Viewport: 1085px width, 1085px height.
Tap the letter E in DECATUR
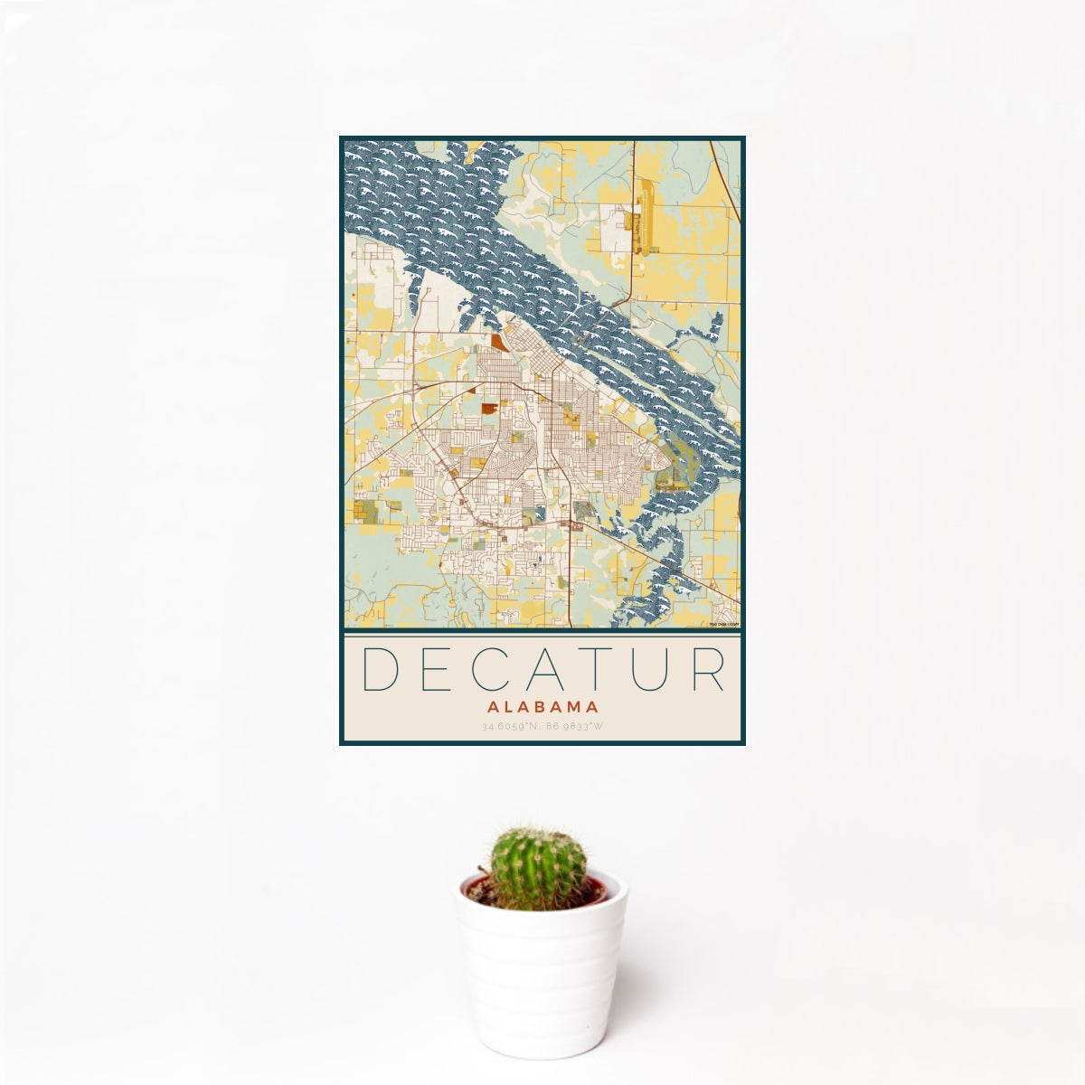433,670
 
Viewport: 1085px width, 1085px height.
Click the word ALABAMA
542,708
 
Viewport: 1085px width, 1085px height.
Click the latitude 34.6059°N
510,726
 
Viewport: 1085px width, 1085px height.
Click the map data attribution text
724,625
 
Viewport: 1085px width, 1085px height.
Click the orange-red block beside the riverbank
499,342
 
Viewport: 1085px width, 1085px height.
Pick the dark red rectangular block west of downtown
488,409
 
